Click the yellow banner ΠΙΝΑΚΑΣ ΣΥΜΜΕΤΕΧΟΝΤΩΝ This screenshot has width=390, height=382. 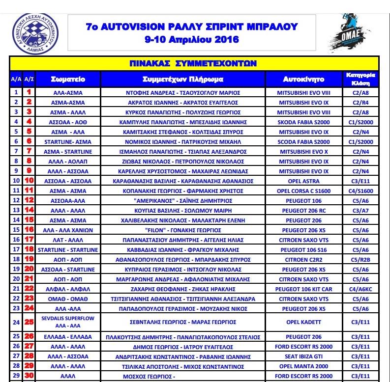194,63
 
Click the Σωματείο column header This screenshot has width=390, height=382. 68,79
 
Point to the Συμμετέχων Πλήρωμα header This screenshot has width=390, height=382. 183,79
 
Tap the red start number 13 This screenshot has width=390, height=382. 29,210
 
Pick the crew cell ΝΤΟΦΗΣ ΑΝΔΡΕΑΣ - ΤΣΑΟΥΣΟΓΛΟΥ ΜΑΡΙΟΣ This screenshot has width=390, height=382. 183,92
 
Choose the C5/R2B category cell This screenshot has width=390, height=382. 360,259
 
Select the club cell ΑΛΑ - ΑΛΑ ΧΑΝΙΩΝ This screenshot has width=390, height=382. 68,230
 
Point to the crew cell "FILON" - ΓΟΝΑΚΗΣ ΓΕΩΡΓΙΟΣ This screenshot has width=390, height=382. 183,230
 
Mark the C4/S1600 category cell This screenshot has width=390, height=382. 360,191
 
